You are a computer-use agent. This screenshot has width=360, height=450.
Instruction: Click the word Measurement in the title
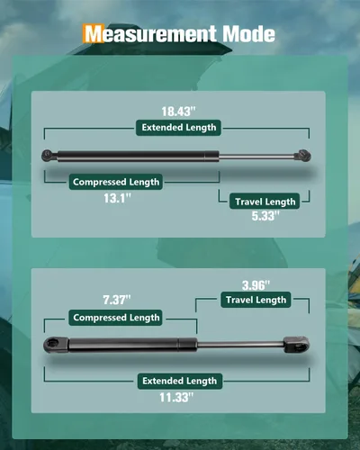click(x=150, y=33)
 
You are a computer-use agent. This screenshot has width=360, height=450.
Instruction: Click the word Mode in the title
click(x=248, y=33)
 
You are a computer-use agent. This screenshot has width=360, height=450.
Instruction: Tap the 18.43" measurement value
click(x=178, y=112)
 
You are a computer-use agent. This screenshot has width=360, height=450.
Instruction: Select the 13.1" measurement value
click(x=118, y=198)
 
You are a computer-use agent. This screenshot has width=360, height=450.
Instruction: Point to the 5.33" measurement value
click(x=265, y=216)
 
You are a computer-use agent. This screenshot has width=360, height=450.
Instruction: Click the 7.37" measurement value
click(x=117, y=300)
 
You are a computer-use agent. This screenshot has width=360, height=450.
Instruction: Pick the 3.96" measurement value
click(x=256, y=285)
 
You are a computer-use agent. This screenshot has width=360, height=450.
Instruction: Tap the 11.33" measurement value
click(x=176, y=398)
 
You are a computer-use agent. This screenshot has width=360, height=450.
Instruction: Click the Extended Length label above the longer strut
click(x=179, y=128)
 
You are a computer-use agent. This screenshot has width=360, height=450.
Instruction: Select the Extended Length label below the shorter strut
click(x=180, y=381)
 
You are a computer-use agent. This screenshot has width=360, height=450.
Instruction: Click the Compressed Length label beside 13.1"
click(x=116, y=182)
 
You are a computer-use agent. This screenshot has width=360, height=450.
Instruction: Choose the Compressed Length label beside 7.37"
click(x=116, y=318)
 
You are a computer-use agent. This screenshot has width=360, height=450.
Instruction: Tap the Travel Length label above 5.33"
click(x=265, y=202)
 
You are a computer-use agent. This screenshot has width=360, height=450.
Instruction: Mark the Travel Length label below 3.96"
click(x=256, y=300)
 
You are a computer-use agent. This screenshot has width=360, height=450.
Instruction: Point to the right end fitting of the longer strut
click(x=302, y=156)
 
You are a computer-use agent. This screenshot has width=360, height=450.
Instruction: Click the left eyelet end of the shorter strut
click(x=56, y=344)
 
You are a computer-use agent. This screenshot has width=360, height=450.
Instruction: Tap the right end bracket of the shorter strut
click(x=296, y=345)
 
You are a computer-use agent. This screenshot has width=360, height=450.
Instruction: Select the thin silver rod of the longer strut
click(x=256, y=156)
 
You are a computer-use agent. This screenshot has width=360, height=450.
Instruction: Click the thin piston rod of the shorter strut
click(x=240, y=345)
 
